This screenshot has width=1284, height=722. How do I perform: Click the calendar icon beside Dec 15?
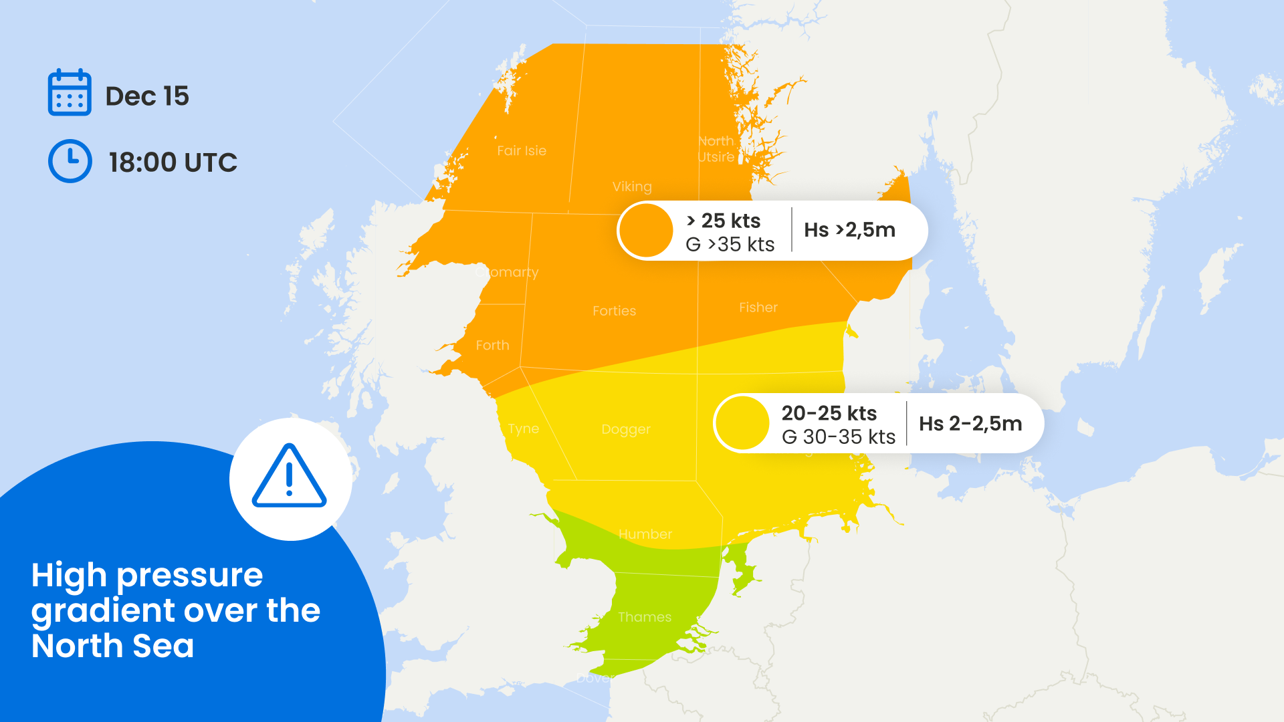(70, 93)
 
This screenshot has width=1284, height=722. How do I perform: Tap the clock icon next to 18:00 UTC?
(70, 161)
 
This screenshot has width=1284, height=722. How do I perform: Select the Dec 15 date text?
(147, 96)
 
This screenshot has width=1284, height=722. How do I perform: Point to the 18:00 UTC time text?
(173, 162)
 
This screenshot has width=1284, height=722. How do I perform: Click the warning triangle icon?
(290, 477)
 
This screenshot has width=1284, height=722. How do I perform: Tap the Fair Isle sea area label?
(522, 151)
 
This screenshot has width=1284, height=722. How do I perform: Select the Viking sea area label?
(632, 187)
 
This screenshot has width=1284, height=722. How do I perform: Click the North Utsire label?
(716, 149)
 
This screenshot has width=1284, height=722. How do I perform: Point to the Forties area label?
(614, 311)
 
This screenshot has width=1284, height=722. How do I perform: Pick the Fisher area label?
(758, 308)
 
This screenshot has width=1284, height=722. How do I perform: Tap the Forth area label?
(492, 346)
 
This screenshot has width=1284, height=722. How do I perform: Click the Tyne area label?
(523, 429)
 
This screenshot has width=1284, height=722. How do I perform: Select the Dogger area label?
(626, 429)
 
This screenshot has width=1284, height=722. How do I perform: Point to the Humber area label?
(645, 534)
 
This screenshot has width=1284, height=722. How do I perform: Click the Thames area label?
(645, 617)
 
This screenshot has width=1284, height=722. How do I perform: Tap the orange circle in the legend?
(646, 231)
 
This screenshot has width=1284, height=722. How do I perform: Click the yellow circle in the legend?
(742, 423)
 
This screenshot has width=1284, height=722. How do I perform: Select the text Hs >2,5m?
(849, 230)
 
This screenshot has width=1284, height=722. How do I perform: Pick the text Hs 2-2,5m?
(970, 424)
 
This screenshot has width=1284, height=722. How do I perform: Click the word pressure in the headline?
(190, 576)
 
